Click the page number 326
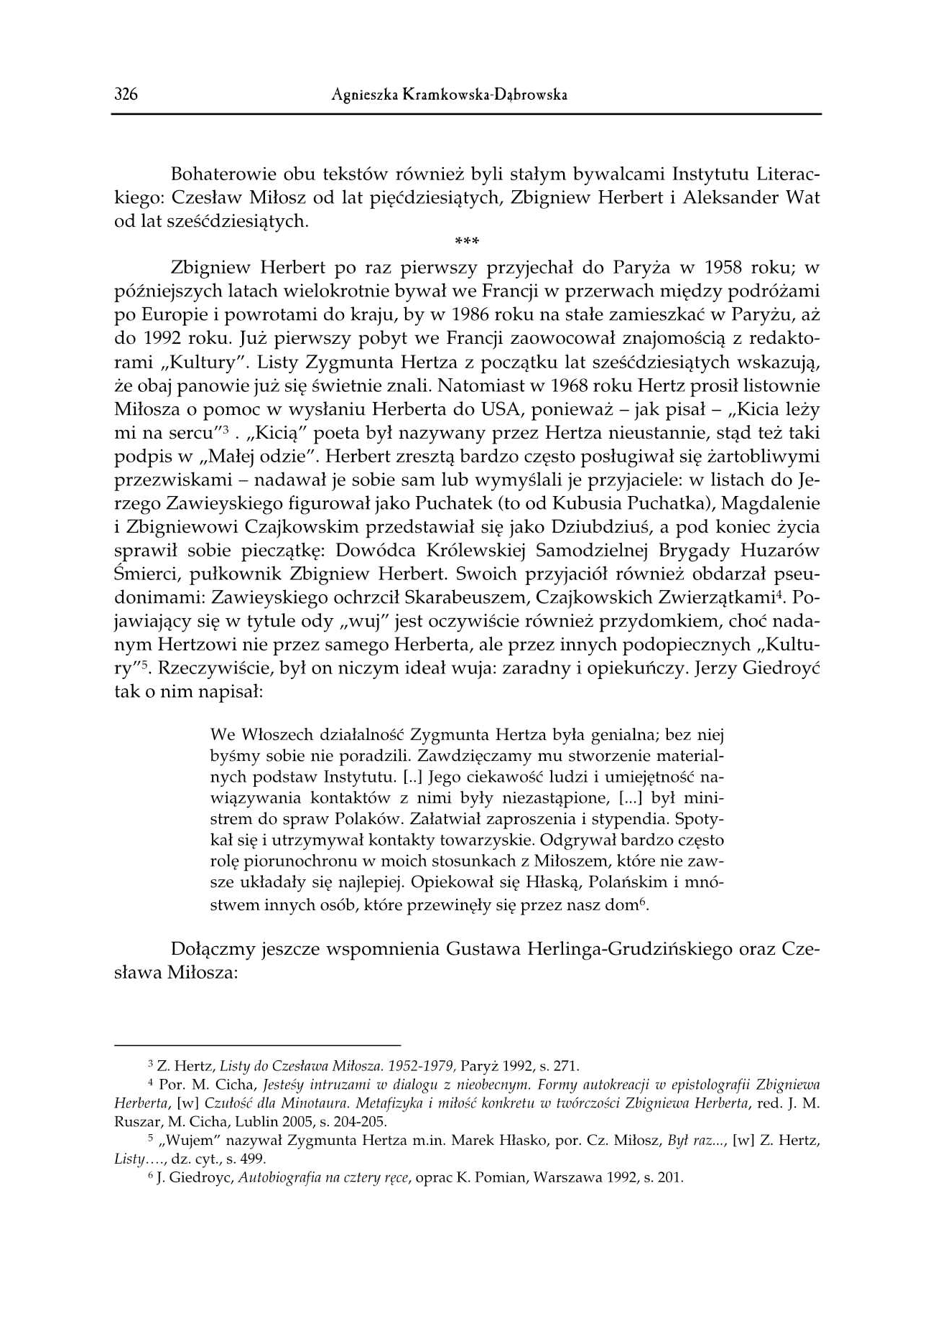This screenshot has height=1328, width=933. click(126, 95)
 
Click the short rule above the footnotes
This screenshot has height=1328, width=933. click(257, 1045)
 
